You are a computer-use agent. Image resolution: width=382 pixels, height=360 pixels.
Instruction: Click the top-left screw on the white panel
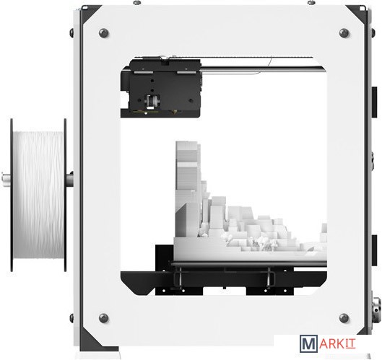(x=104, y=33)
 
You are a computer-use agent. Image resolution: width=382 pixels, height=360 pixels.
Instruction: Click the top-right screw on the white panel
(x=344, y=33)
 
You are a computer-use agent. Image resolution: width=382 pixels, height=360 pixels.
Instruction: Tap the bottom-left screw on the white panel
(x=104, y=317)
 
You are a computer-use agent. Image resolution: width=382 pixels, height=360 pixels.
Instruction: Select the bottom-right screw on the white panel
(x=344, y=317)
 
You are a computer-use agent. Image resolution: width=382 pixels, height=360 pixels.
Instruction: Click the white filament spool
(x=38, y=195)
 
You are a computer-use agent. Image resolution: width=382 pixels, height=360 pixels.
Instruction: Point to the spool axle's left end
(x=2, y=180)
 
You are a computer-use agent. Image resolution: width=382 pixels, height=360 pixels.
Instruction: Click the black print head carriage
(x=161, y=87)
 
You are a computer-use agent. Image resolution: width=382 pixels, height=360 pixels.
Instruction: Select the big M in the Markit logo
(x=308, y=343)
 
